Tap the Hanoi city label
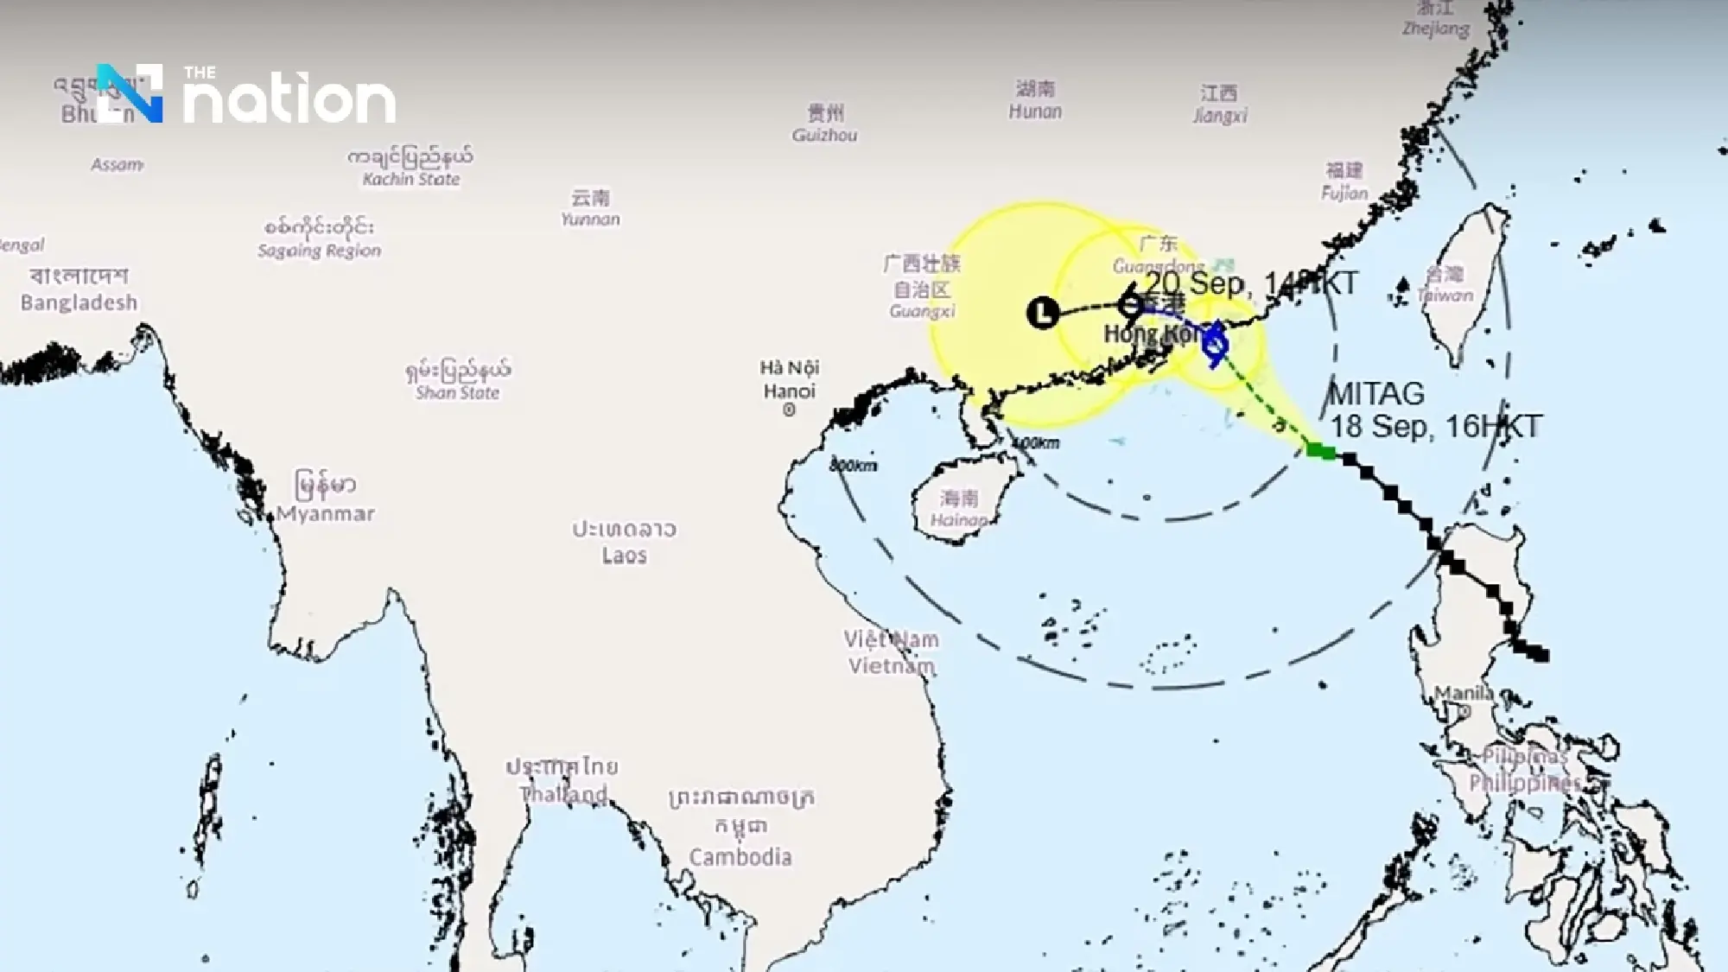pos(789,380)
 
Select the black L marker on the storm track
pos(1043,312)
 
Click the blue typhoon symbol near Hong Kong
pos(1215,343)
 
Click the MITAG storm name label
pos(1376,394)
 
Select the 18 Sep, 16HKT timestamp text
pos(1435,426)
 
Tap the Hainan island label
pos(959,509)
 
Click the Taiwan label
pos(1445,285)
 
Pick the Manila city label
pos(1464,693)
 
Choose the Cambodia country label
pos(740,856)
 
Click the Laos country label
pos(624,542)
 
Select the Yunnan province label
pos(590,208)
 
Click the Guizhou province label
pos(825,124)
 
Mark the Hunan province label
pos(1035,100)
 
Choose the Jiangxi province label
pos(1220,104)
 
